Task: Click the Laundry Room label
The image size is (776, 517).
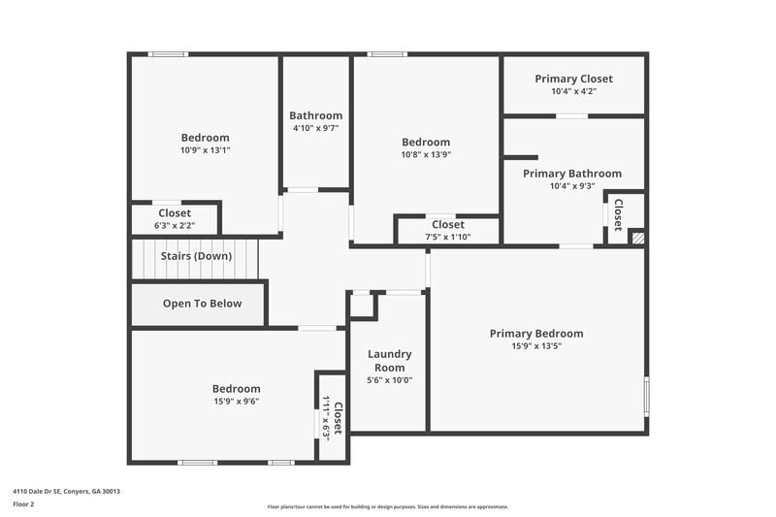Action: click(x=390, y=361)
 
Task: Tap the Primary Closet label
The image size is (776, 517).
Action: click(x=573, y=79)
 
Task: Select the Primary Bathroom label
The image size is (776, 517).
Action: click(x=572, y=174)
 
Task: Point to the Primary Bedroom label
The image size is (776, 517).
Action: click(x=536, y=334)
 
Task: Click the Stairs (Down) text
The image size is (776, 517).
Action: click(x=197, y=256)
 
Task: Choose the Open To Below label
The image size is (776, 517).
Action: click(x=202, y=304)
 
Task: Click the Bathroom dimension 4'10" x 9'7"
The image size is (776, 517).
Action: click(x=316, y=128)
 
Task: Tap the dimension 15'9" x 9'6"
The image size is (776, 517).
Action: click(x=237, y=401)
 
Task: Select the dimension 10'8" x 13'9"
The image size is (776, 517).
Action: click(x=426, y=154)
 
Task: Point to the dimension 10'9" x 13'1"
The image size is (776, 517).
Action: click(x=206, y=150)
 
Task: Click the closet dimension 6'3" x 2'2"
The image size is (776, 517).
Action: click(x=175, y=225)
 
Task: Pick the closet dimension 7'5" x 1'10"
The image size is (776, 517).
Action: click(x=447, y=237)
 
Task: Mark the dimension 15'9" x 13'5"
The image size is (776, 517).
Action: click(x=536, y=346)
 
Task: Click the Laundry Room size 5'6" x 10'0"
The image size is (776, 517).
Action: click(x=390, y=380)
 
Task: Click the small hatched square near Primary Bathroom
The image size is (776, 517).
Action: click(x=637, y=237)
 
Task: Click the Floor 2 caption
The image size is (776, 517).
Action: click(x=24, y=504)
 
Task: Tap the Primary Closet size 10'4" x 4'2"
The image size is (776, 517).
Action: click(x=573, y=91)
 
